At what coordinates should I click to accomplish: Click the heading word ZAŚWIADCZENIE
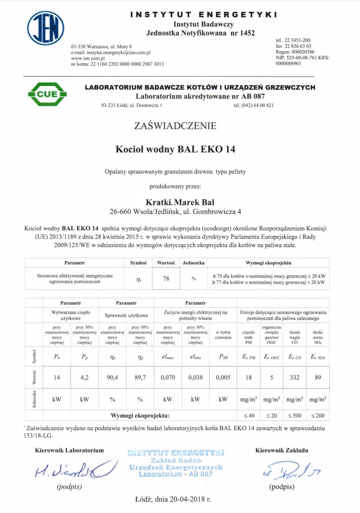coord(175,126)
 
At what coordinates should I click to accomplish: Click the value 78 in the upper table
coord(166,279)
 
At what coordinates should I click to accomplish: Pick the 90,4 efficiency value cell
coord(112,377)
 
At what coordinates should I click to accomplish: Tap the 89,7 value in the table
coord(140,377)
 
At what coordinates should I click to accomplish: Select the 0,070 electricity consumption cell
coord(167,377)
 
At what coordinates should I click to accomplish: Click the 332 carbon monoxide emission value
coord(295,377)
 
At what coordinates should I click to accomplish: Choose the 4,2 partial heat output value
coord(84,377)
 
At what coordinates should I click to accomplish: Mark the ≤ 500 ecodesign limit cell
coord(295,416)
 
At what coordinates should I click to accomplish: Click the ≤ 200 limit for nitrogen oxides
coord(318,416)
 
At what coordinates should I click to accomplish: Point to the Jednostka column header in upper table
coord(194,262)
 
